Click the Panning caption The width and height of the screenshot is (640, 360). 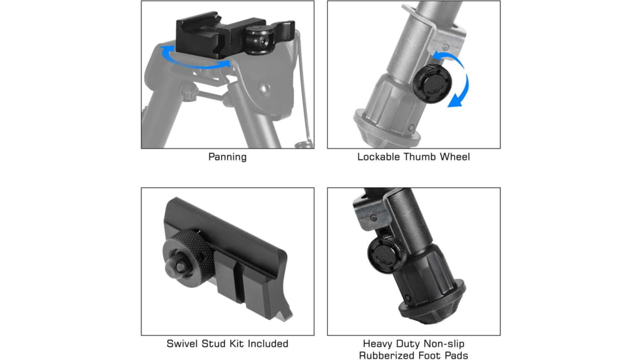tap(227, 157)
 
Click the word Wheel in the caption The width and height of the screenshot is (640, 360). tap(455, 156)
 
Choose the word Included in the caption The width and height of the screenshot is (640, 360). tap(268, 344)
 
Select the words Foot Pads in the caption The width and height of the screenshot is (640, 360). tap(442, 355)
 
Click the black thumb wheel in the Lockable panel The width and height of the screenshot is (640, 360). tap(432, 84)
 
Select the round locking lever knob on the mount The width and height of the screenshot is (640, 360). tap(260, 40)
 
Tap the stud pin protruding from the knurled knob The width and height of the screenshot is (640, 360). tap(176, 265)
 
